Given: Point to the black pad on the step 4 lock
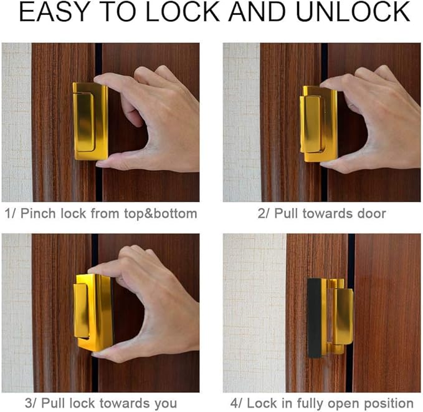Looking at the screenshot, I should click(x=315, y=318).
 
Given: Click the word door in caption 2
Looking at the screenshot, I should click(x=371, y=213).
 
